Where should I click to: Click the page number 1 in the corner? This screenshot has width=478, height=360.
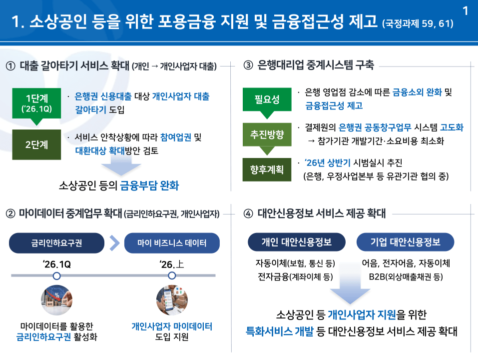pos(466,10)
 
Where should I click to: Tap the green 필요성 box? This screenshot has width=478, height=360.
pos(267,99)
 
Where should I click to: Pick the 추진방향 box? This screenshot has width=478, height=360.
pos(267,134)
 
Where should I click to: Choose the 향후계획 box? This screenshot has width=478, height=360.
pos(267,169)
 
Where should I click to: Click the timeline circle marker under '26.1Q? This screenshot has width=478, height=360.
pos(57,275)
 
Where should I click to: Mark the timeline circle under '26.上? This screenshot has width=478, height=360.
pos(172,275)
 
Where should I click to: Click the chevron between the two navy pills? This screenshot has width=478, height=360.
pos(114,243)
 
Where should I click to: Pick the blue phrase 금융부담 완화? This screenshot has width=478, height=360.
pos(149,186)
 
